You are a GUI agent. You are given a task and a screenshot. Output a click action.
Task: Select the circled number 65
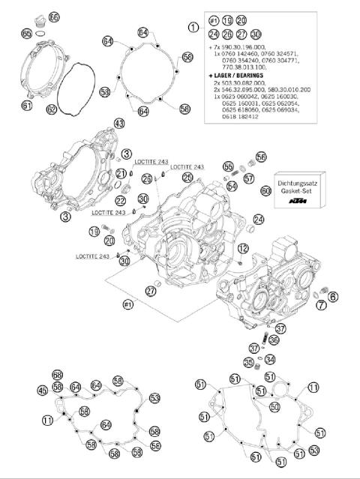click(27, 33)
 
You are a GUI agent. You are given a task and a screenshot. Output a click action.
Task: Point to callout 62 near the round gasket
click(51, 109)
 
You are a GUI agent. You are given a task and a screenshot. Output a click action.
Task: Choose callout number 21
click(120, 174)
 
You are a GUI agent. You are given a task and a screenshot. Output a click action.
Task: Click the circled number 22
click(120, 200)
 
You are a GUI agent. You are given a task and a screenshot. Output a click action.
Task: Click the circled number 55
click(228, 166)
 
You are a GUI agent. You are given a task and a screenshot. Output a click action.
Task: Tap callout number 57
click(248, 178)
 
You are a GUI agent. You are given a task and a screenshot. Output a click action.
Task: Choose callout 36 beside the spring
click(274, 340)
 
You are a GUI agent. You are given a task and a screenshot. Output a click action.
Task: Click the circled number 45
click(43, 390)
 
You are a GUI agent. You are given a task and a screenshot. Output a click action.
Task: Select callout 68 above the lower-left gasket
click(57, 375)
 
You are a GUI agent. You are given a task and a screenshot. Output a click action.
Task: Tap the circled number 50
click(274, 407)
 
